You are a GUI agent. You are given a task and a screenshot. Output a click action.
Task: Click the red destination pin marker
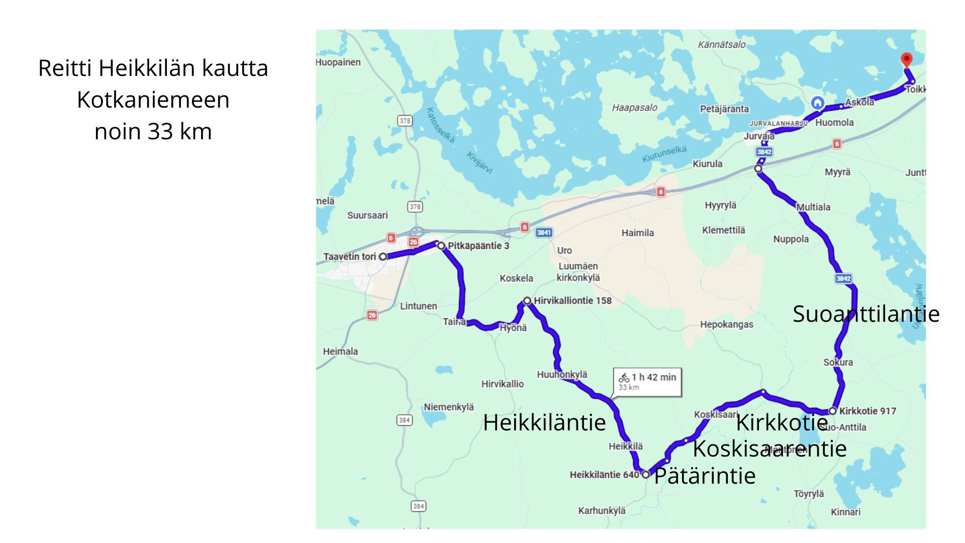(906, 60)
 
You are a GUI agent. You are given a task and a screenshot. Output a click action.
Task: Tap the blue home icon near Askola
(818, 103)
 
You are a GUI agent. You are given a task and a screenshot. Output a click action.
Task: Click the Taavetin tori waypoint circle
(383, 256)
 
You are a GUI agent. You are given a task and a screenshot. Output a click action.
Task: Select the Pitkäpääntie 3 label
(478, 246)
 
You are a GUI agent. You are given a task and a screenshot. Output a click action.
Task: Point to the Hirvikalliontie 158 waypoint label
(572, 301)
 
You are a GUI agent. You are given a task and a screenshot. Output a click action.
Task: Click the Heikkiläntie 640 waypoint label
(604, 475)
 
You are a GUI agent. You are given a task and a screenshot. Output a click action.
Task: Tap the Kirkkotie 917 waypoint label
(867, 411)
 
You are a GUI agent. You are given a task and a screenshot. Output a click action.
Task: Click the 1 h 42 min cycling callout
(648, 382)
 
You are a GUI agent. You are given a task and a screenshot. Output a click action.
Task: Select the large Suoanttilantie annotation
(865, 314)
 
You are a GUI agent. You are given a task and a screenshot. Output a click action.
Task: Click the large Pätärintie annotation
(705, 476)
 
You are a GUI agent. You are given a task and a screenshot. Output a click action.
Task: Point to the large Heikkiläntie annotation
(544, 422)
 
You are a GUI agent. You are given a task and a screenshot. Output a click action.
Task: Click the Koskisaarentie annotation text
(769, 448)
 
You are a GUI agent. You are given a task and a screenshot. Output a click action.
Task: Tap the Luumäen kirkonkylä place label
(578, 272)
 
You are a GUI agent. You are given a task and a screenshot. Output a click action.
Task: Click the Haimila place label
(637, 233)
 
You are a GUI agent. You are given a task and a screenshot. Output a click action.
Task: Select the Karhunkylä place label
(602, 511)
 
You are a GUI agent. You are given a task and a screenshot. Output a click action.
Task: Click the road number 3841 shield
(544, 232)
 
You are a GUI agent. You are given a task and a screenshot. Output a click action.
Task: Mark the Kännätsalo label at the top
(721, 45)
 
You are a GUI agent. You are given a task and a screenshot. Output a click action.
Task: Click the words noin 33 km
(153, 132)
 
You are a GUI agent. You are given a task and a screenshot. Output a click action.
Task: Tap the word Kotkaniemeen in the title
(153, 100)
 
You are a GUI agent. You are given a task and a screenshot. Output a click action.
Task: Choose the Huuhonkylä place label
(561, 375)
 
